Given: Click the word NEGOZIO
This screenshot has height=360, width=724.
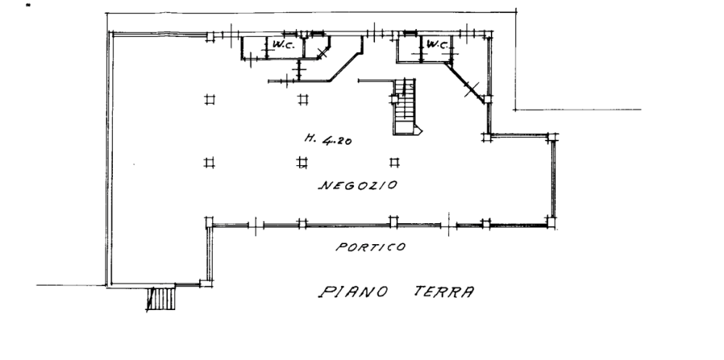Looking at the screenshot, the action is click(x=358, y=185).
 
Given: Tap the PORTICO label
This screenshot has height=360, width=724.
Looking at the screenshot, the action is click(x=371, y=247).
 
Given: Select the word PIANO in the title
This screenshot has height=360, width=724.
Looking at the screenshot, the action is click(x=353, y=292).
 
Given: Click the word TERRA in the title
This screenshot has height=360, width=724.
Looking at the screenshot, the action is click(x=444, y=292).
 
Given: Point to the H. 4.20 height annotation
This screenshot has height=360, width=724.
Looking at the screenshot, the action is click(x=328, y=139).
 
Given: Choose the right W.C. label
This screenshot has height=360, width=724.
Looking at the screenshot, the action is click(x=437, y=44).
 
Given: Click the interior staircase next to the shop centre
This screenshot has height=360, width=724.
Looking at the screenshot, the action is click(x=405, y=106).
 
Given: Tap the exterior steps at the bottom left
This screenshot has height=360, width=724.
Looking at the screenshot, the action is click(x=161, y=298).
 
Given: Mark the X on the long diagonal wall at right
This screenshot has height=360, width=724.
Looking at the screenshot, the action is click(x=471, y=88).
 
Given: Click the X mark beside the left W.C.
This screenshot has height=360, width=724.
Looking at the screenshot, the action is click(x=323, y=53).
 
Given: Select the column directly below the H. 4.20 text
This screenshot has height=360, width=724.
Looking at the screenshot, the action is click(x=302, y=162).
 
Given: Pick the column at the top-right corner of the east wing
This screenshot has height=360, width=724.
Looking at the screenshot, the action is click(x=551, y=137).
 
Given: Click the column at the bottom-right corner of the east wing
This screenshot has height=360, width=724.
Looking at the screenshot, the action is click(x=551, y=222).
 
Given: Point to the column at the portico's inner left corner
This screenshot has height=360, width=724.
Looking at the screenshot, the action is click(x=209, y=222).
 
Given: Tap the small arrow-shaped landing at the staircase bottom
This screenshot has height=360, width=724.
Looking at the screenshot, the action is click(x=418, y=130).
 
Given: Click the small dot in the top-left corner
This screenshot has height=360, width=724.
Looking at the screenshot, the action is click(x=29, y=6).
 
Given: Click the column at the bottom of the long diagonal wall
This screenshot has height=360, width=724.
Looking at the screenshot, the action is click(x=487, y=99).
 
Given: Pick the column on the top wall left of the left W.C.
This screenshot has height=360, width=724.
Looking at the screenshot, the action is click(x=210, y=36).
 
